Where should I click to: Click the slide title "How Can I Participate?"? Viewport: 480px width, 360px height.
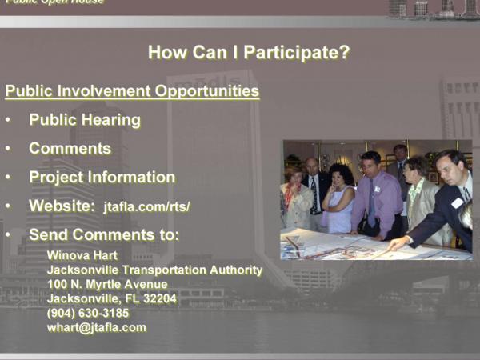(249, 52)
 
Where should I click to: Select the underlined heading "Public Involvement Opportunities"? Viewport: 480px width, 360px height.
(132, 91)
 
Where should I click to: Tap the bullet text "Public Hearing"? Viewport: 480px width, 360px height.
(85, 120)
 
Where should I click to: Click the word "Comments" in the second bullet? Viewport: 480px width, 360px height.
(70, 149)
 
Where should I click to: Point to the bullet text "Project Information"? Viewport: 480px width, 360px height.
(102, 178)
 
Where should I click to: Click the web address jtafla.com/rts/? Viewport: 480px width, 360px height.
(146, 206)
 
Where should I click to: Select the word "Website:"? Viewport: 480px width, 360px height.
(62, 206)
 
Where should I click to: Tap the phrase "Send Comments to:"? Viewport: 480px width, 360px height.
(104, 234)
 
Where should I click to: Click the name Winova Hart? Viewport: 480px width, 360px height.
(82, 255)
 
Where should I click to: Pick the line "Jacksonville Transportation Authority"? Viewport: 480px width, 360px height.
(155, 270)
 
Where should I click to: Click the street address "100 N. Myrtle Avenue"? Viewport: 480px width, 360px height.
(107, 284)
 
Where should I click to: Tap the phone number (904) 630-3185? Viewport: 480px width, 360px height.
(88, 313)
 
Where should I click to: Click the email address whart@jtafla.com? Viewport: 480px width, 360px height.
(97, 327)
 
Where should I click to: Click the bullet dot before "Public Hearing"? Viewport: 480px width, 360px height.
(8, 120)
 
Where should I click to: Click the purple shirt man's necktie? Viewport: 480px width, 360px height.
(371, 203)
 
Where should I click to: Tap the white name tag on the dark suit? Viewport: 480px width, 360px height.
(457, 203)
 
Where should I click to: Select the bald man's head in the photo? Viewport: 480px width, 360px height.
(312, 166)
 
